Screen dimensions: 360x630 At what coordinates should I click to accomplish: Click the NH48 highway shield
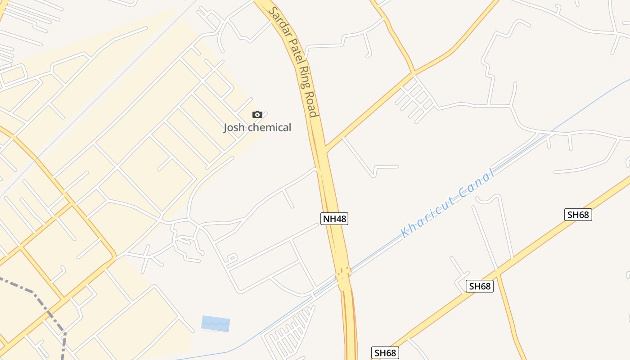click(x=335, y=219)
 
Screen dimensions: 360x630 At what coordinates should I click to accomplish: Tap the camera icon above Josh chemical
click(x=257, y=114)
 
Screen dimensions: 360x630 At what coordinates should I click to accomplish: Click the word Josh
click(x=234, y=128)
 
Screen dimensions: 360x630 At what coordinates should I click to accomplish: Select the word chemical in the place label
click(x=270, y=128)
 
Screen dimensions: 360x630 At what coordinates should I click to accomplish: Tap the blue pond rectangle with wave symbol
click(x=216, y=324)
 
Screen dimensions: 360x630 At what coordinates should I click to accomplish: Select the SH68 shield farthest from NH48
click(x=578, y=215)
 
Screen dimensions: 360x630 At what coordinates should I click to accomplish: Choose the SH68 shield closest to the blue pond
click(x=385, y=353)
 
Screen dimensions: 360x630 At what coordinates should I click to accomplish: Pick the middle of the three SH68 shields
click(x=479, y=286)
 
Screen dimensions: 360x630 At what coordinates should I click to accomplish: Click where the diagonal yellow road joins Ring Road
click(x=326, y=150)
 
